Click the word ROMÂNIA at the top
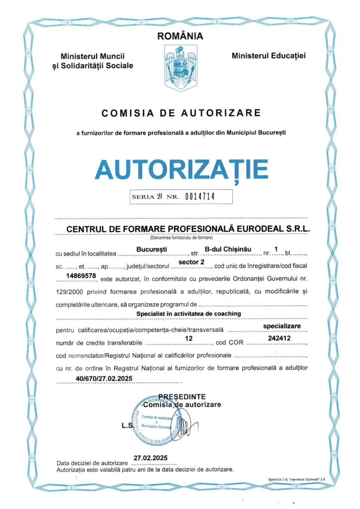point(180,36)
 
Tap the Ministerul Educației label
point(269,56)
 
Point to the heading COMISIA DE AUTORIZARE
point(181,113)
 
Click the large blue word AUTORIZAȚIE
point(181,170)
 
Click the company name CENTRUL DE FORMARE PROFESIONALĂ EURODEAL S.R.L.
point(181,229)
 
